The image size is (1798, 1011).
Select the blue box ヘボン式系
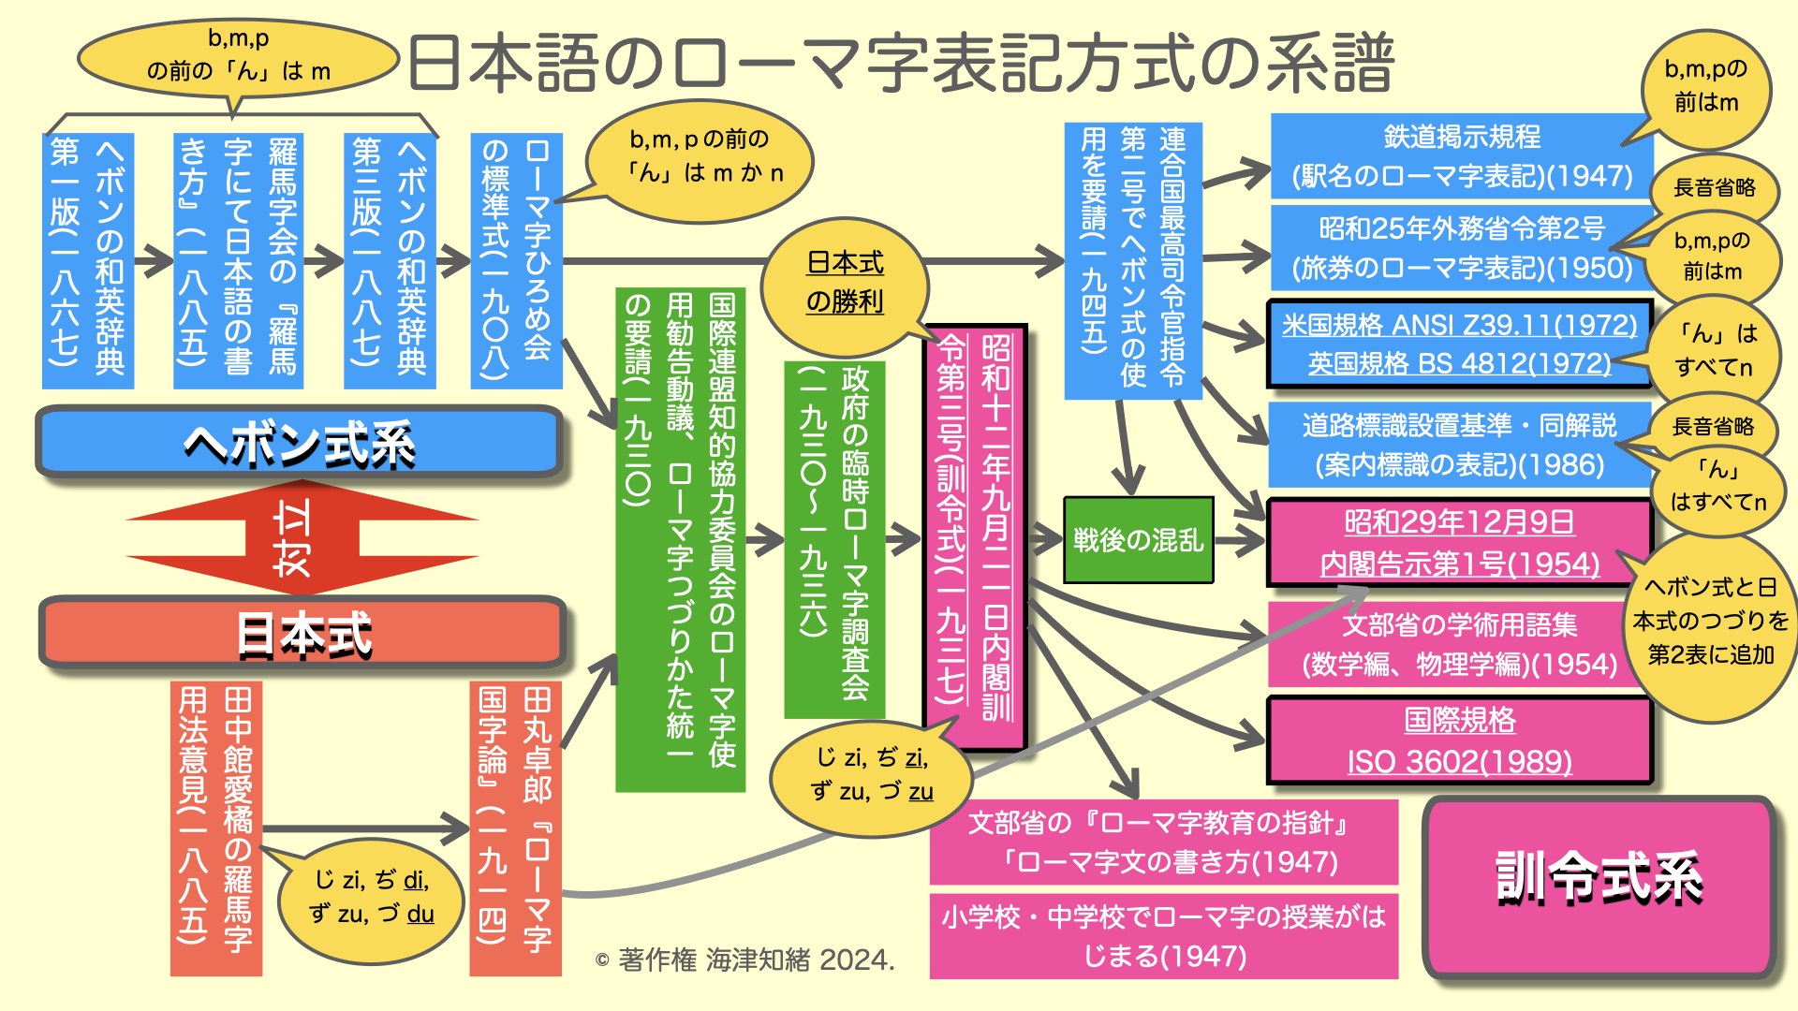coord(300,442)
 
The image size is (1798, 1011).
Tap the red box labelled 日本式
coord(303,634)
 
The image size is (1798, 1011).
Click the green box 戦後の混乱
coord(1138,540)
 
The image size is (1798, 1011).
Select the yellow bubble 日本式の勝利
coord(845,282)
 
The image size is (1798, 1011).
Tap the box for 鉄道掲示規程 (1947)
coord(1461,156)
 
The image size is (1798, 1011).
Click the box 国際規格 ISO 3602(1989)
coord(1458,740)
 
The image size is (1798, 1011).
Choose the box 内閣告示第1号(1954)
coord(1458,543)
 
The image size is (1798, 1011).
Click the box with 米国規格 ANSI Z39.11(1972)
coord(1458,344)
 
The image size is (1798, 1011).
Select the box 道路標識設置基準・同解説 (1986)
coord(1458,445)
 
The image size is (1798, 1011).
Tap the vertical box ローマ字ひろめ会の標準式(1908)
coord(516,260)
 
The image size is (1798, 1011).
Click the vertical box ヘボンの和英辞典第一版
coord(88,260)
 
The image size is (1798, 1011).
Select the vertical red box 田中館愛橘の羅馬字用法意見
coord(216,828)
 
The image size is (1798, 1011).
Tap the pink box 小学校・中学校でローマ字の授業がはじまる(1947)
coord(1163,935)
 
